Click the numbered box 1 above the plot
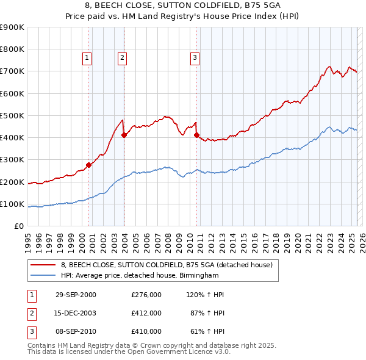(87, 58)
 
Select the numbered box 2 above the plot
(122, 58)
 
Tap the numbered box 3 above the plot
(195, 58)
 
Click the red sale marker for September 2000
(89, 165)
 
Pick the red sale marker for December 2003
(124, 135)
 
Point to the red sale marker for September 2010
(196, 135)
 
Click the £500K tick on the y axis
(12, 115)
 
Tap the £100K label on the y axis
(12, 204)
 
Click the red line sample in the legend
(43, 265)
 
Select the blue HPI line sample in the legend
(43, 275)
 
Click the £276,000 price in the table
(146, 295)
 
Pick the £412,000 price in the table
(146, 313)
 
